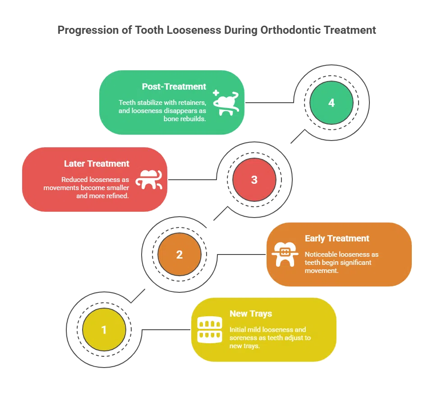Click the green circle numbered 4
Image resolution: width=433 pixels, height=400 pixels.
(x=332, y=103)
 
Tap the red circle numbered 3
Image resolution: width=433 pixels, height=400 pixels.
(x=254, y=180)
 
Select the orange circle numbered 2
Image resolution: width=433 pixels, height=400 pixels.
(x=180, y=255)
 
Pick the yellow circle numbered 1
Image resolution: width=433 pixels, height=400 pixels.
(x=104, y=330)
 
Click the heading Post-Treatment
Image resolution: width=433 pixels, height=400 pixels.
(x=174, y=86)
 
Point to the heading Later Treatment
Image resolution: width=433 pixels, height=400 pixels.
(x=97, y=164)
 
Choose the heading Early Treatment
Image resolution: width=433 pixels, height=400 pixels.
(x=337, y=238)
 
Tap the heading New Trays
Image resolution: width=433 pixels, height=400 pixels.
(x=251, y=314)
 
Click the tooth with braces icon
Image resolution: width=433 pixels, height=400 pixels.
(x=285, y=255)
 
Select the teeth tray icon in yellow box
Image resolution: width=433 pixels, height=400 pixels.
(x=210, y=330)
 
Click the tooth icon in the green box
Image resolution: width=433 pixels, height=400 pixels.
(x=226, y=103)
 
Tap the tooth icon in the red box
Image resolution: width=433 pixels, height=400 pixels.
(x=149, y=180)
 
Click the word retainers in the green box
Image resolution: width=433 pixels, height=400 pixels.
(x=192, y=103)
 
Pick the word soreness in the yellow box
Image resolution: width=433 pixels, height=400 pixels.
(x=243, y=338)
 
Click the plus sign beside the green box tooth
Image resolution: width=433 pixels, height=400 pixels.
(x=216, y=93)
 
